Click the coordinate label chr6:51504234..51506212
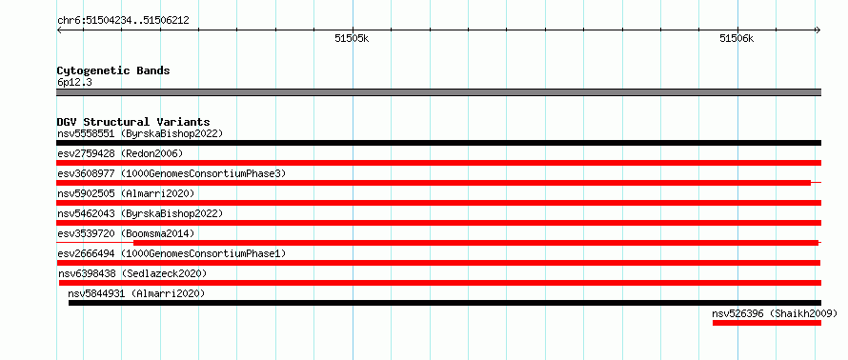[123, 21]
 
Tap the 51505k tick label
[352, 38]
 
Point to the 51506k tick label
[737, 38]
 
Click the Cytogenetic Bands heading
[113, 70]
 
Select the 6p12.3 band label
[73, 82]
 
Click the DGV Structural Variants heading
[133, 122]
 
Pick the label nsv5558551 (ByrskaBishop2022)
[140, 133]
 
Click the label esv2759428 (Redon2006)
[120, 153]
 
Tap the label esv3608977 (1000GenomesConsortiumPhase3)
[172, 173]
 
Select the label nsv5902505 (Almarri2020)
[126, 193]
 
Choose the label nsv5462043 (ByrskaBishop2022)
[140, 213]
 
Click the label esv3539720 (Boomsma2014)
[126, 233]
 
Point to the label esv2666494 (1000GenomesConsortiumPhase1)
[172, 253]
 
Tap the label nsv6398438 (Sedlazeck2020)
[132, 273]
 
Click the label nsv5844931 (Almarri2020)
[136, 293]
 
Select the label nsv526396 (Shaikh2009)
[775, 313]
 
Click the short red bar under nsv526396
[767, 323]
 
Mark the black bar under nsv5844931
[445, 303]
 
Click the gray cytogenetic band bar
[438, 92]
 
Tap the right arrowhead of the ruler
[819, 30]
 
